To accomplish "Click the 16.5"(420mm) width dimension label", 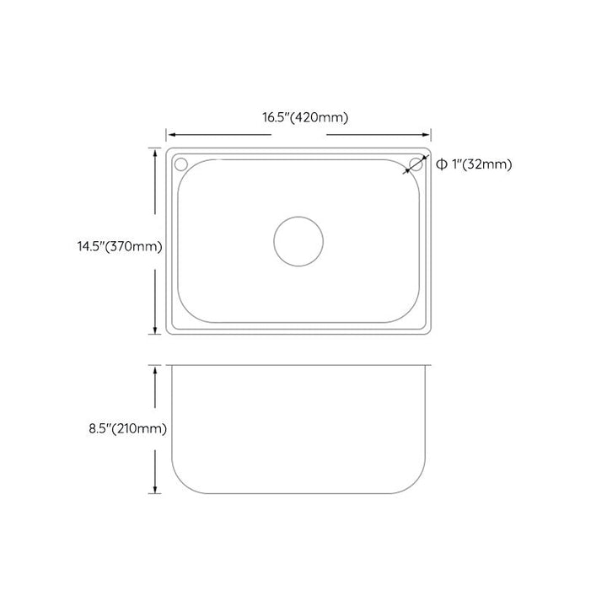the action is [305, 117].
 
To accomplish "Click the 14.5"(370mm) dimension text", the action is [120, 246].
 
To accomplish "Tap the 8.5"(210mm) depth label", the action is [128, 428].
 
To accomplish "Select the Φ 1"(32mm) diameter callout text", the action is [474, 164].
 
